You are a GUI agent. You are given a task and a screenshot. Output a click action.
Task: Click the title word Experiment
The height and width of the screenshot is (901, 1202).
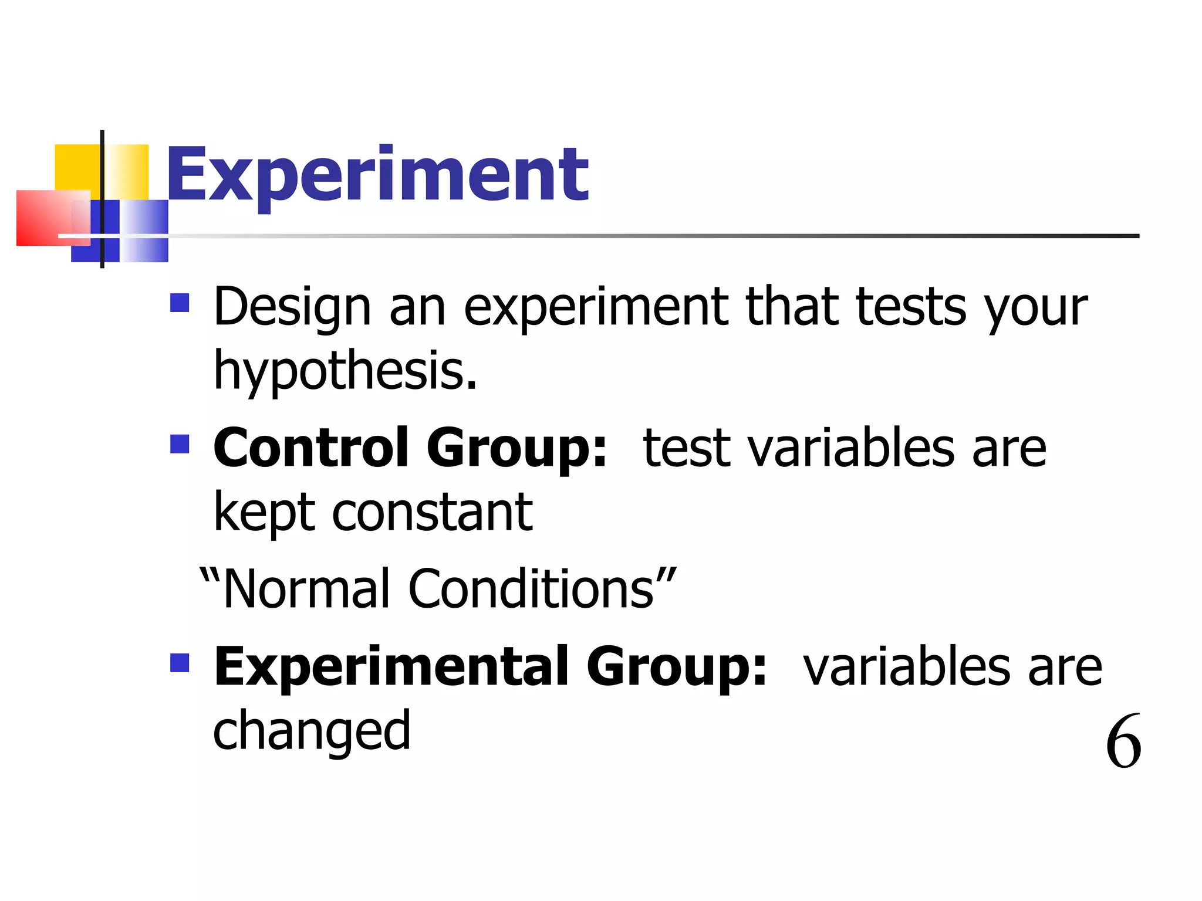[377, 174]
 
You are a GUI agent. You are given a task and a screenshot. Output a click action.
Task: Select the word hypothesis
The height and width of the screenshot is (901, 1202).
[345, 371]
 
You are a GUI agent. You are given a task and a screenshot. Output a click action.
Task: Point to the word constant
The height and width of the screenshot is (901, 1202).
[433, 512]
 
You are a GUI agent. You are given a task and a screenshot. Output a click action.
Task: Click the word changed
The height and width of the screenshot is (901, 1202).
[312, 731]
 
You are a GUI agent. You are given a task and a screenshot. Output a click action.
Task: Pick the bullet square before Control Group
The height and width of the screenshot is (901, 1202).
[180, 444]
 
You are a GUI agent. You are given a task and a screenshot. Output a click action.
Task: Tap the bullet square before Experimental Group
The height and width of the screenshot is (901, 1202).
[180, 663]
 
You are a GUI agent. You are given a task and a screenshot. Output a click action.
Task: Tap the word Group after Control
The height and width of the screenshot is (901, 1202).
[516, 448]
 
